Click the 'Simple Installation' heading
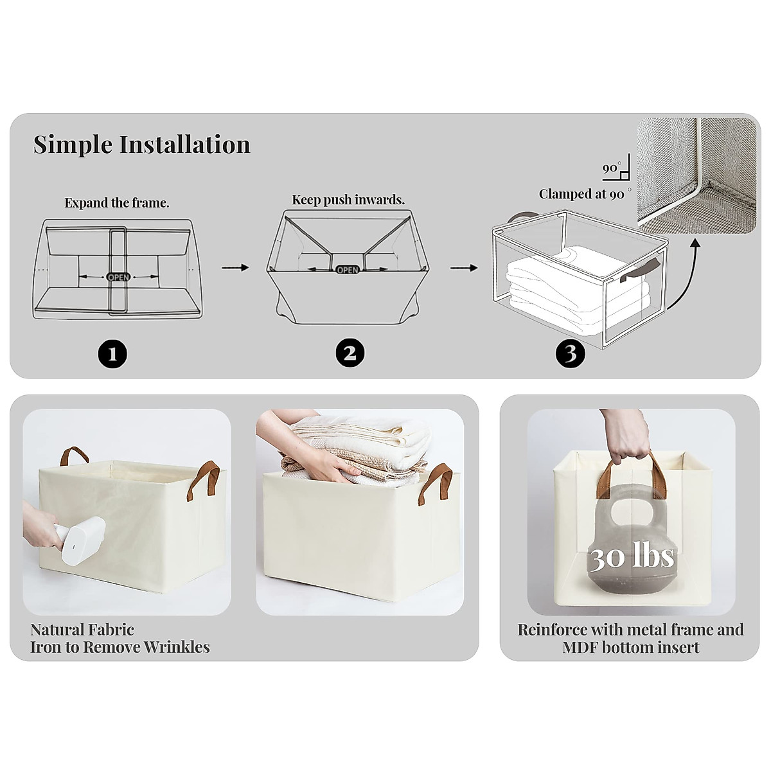click(141, 145)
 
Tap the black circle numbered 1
click(112, 353)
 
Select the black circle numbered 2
click(350, 353)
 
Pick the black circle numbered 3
click(571, 353)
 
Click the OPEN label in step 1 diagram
click(118, 277)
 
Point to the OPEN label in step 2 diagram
click(348, 270)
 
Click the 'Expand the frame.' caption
click(117, 203)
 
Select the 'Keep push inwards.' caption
click(348, 200)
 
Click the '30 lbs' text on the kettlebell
click(632, 556)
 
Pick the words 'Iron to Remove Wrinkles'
click(120, 647)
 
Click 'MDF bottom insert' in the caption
click(630, 648)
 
